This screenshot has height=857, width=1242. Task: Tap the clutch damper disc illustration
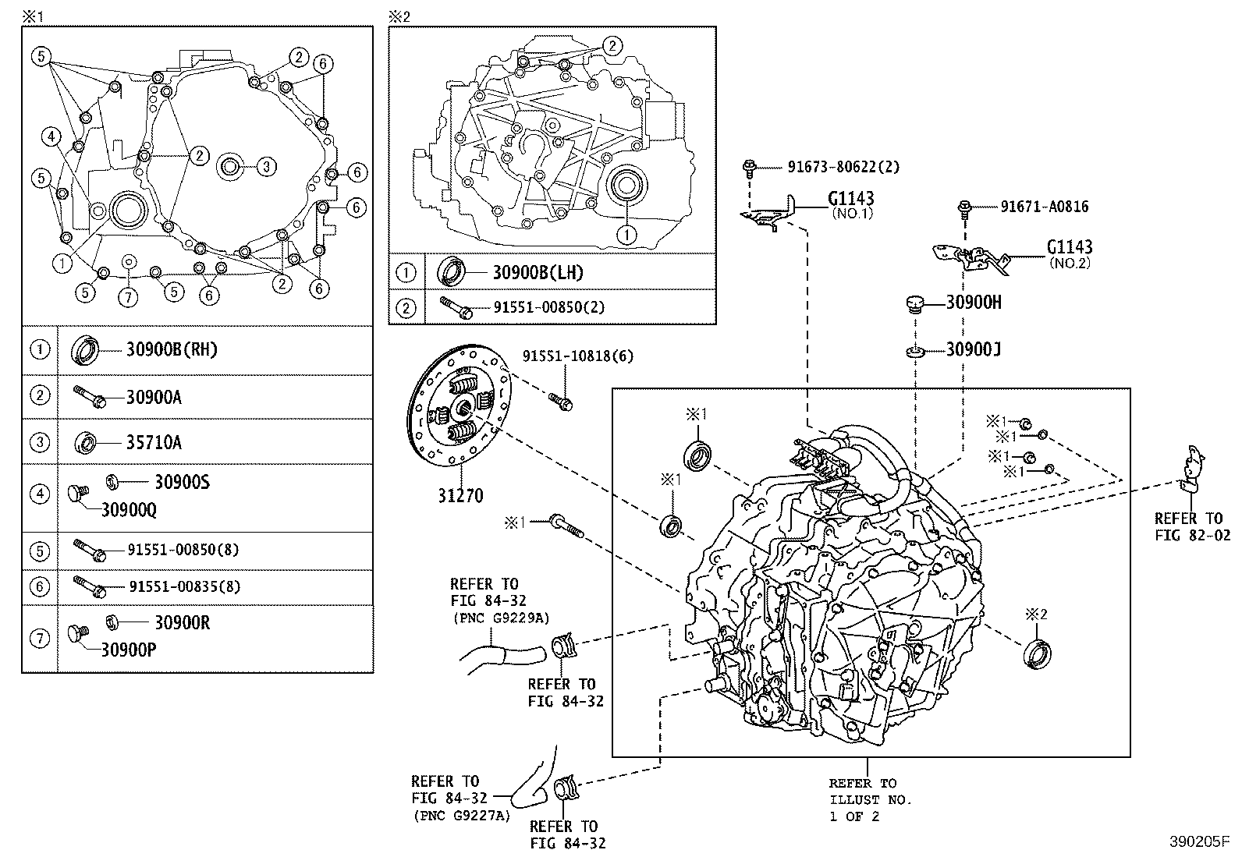[461, 407]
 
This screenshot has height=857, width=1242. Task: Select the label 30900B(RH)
[172, 350]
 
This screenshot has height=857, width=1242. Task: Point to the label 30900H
[973, 303]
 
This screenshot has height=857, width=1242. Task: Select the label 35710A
[154, 443]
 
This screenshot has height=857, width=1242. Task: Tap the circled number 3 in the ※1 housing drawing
[266, 166]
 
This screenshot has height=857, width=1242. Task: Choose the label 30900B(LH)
[538, 273]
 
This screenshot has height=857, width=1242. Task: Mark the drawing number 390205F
[1198, 843]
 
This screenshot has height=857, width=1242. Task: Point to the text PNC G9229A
[500, 618]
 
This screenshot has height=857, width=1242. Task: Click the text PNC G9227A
[461, 815]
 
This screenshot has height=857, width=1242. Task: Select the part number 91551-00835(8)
[184, 586]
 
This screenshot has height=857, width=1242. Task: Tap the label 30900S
[182, 483]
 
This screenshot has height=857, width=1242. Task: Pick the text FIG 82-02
[1192, 535]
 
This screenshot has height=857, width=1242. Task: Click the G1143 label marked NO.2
[1069, 248]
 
